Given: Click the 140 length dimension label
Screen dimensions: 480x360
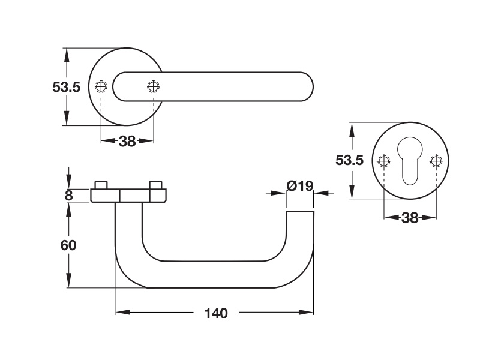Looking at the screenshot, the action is tap(216, 313).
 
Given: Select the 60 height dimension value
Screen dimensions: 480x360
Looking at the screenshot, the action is tap(68, 245).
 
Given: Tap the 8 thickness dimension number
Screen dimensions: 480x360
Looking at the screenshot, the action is tap(68, 196).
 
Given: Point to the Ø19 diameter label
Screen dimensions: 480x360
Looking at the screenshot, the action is tap(300, 186).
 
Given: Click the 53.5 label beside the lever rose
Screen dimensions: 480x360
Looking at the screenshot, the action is tap(66, 87).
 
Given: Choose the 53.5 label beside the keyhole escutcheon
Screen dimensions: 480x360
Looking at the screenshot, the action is tap(349, 160).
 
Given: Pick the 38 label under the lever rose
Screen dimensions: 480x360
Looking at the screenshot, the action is tap(127, 142).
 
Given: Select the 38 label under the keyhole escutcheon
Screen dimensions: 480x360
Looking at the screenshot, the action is tap(410, 218).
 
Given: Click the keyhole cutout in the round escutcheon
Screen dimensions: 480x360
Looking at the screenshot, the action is tap(410, 160).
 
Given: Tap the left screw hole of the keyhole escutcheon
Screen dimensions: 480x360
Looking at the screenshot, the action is tap(384, 161).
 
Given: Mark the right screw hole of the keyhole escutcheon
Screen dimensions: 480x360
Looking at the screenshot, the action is tap(436, 161).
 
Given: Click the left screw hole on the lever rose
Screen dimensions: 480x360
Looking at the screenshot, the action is tap(101, 86).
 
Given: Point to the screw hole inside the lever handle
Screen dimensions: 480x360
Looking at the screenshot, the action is tap(153, 86).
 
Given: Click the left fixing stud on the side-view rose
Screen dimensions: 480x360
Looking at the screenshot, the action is tap(101, 185).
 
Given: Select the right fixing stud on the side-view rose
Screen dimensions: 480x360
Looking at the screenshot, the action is tap(155, 185).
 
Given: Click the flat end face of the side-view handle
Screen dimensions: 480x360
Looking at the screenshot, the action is tap(300, 211).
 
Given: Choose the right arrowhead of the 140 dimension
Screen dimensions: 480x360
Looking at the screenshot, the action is tap(307, 312).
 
